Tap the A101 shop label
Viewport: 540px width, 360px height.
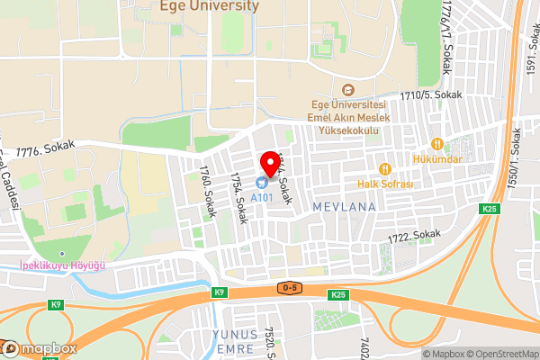pyautogui.click(x=262, y=197)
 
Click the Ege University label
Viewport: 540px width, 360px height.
pyautogui.click(x=209, y=6)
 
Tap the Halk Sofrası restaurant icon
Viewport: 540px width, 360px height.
pyautogui.click(x=383, y=169)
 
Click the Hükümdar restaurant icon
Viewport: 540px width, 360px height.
pyautogui.click(x=437, y=144)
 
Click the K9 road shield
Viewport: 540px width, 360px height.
pyautogui.click(x=219, y=292)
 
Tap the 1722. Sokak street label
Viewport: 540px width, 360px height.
pyautogui.click(x=415, y=236)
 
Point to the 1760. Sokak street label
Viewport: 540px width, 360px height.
pyautogui.click(x=206, y=184)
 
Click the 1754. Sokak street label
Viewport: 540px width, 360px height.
pyautogui.click(x=238, y=199)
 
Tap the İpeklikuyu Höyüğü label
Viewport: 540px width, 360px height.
pyautogui.click(x=63, y=265)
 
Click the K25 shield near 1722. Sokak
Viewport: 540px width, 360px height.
pyautogui.click(x=489, y=210)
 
